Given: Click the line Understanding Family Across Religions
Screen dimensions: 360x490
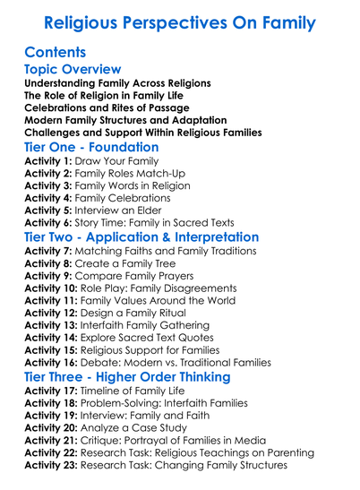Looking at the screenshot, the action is tap(118, 83).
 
